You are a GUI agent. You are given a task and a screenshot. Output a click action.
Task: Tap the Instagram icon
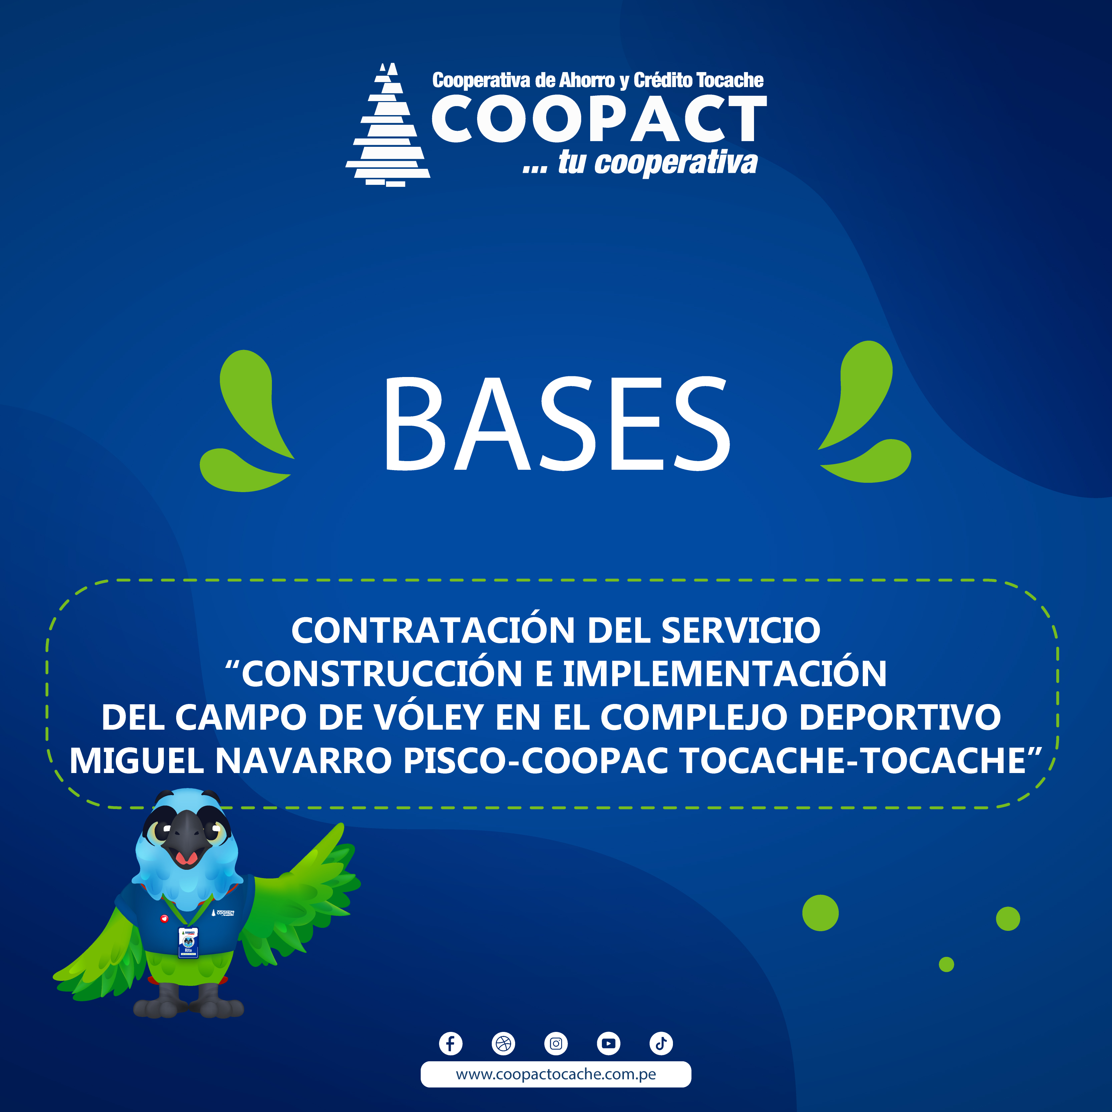(x=556, y=1043)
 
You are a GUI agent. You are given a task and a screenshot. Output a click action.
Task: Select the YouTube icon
(x=608, y=1043)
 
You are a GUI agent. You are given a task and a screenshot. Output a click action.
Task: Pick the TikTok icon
(x=661, y=1043)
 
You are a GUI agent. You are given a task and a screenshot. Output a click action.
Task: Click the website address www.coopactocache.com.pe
(x=556, y=1074)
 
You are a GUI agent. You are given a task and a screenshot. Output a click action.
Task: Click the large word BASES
(x=557, y=424)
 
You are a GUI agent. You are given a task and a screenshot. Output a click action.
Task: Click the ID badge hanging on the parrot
(x=188, y=943)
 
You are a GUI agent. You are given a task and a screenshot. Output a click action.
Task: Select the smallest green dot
(x=946, y=964)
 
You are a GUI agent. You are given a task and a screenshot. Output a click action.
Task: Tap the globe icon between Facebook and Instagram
(x=503, y=1043)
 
